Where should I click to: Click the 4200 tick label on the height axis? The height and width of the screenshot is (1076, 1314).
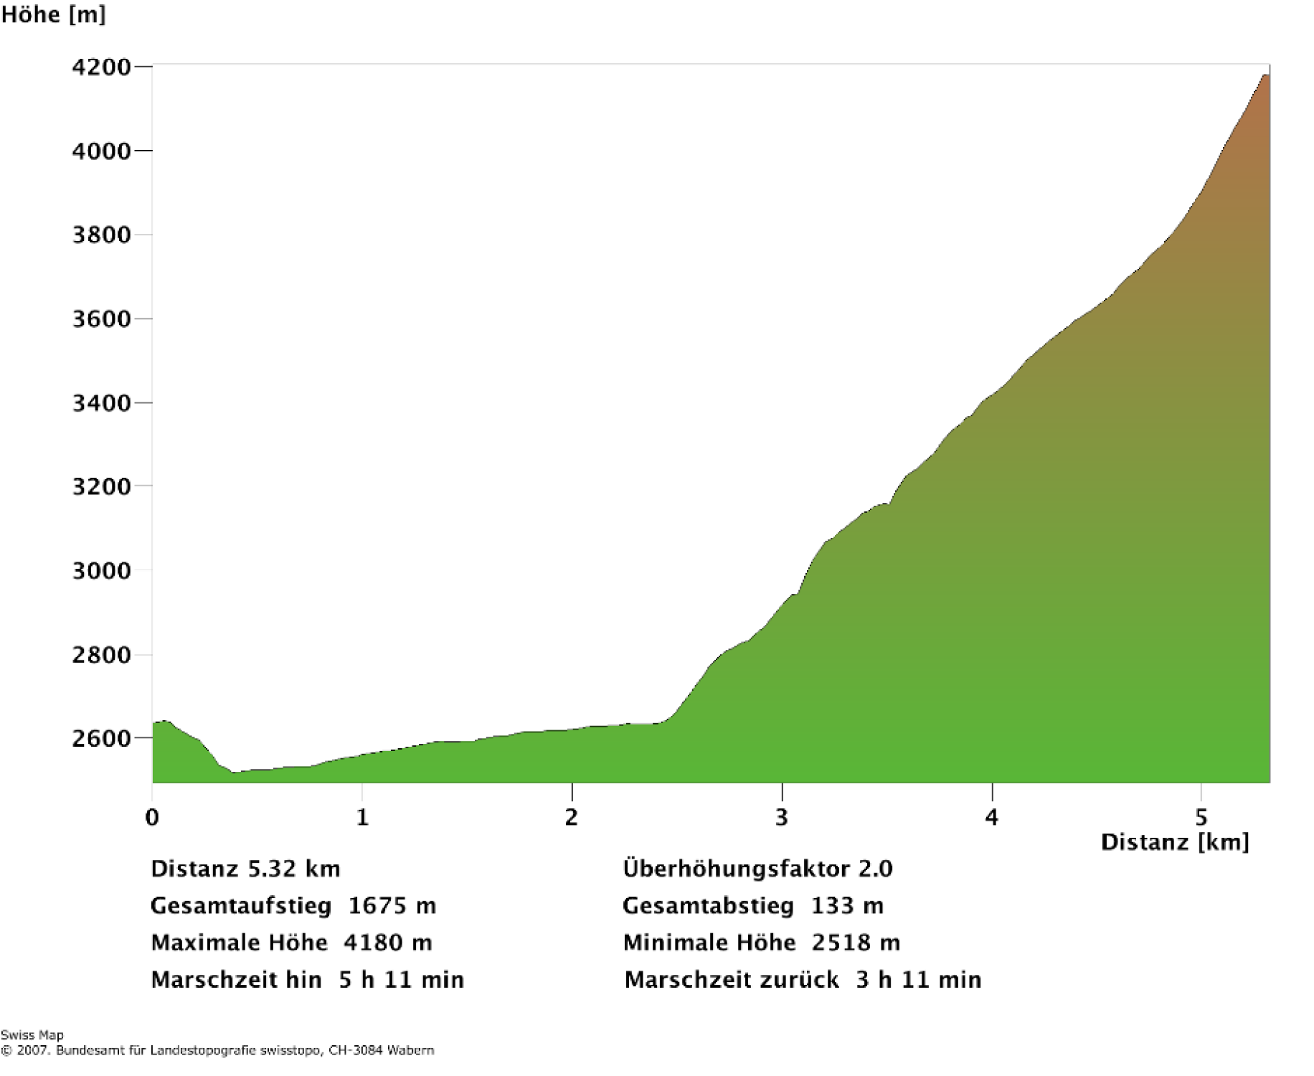[101, 67]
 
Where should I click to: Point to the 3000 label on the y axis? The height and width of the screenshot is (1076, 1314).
[101, 571]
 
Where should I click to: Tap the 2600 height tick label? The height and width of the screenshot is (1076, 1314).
[101, 739]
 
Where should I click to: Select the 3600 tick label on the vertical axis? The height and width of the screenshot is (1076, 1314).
[101, 319]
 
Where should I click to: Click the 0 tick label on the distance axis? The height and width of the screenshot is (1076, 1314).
[152, 817]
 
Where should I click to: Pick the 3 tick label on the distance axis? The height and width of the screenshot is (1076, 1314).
[782, 817]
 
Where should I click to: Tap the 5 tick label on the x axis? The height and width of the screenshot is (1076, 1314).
[1201, 817]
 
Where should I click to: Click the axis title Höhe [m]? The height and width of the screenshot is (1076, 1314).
[53, 14]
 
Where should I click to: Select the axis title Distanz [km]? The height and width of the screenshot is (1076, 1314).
[1175, 842]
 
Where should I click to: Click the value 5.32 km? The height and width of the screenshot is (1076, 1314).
[293, 869]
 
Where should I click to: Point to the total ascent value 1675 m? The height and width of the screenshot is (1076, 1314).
[392, 906]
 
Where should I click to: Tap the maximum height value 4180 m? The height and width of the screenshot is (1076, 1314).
[387, 943]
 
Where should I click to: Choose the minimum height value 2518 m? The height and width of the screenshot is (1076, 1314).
[856, 943]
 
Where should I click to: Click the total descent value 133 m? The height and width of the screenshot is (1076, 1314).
[847, 906]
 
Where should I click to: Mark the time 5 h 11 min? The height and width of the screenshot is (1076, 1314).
[401, 980]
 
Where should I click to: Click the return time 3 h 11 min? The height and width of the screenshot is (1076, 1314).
[918, 980]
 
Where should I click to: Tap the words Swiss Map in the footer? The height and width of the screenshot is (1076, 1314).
[32, 1035]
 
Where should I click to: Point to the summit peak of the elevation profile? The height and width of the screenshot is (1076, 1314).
[1265, 75]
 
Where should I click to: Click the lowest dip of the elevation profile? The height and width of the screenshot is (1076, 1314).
[234, 773]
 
